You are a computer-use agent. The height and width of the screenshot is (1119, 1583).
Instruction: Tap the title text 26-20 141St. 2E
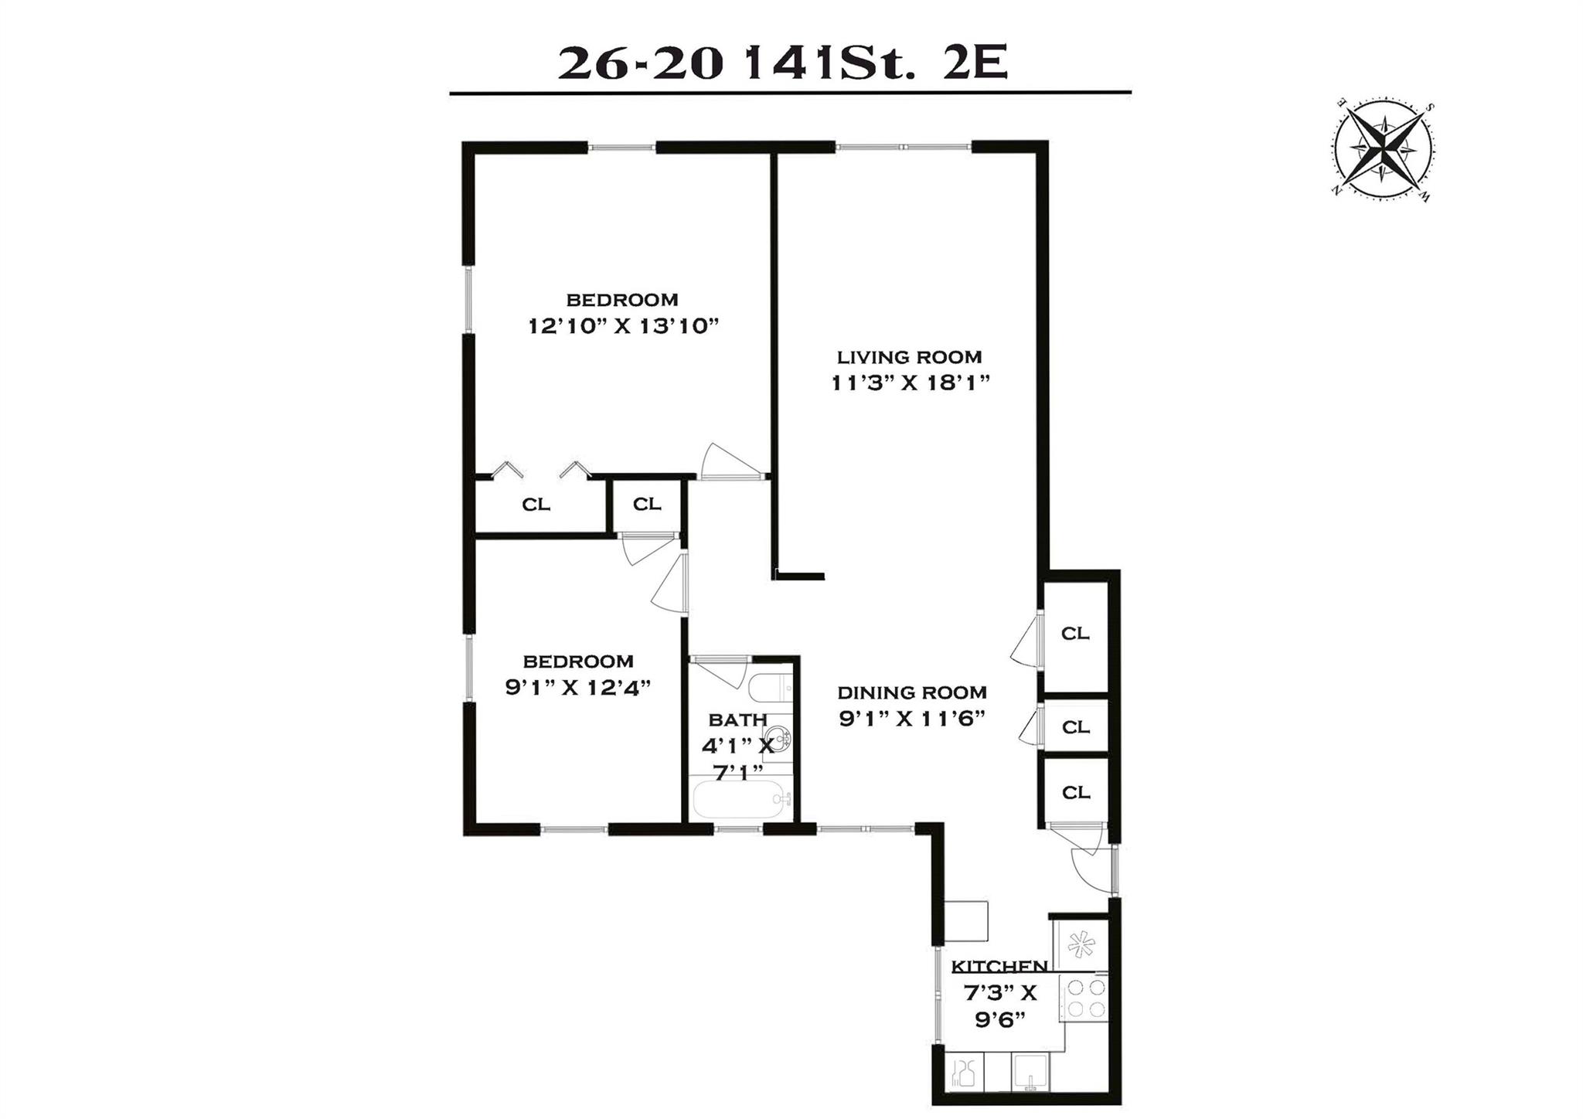tap(783, 64)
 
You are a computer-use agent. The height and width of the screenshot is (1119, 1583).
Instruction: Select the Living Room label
tap(910, 357)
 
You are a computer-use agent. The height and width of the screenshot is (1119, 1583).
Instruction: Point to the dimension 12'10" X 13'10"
tap(623, 326)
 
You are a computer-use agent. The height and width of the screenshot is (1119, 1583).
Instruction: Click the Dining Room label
tap(912, 692)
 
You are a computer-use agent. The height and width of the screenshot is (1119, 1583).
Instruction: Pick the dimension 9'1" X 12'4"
tap(578, 687)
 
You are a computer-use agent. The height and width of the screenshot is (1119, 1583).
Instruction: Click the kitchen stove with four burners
tap(1083, 998)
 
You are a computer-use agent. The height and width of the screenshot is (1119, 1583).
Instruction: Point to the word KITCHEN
tap(999, 966)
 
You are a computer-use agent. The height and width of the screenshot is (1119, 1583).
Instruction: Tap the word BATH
tap(738, 720)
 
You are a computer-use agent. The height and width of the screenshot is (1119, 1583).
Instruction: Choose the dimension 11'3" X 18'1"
tap(911, 383)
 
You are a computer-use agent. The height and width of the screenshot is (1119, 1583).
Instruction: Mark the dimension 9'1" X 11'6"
tap(912, 719)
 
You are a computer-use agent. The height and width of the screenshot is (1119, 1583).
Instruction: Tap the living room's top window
tap(903, 147)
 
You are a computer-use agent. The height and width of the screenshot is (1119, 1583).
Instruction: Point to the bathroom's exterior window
tap(738, 830)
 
